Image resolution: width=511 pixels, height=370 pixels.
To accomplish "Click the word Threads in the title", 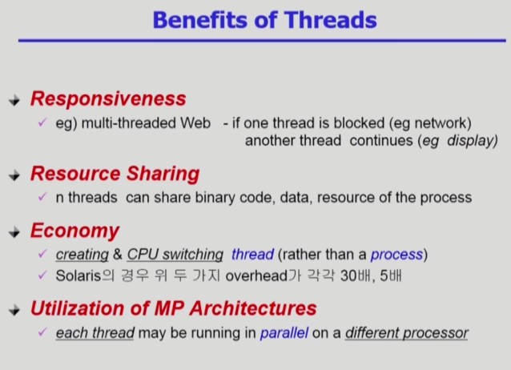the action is tap(331, 20).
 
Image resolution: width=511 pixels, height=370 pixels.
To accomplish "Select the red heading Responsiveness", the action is tap(108, 99).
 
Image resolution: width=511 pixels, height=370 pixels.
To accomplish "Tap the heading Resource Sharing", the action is tap(115, 174).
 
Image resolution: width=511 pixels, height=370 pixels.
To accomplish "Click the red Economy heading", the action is tap(75, 231).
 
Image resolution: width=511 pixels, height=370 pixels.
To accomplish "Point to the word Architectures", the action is tap(253, 308).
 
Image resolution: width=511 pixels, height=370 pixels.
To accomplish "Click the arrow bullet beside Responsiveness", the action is tap(14, 100).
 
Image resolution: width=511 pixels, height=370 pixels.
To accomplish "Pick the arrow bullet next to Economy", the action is tap(14, 232).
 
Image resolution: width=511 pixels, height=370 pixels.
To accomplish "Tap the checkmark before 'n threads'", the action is tap(42, 196).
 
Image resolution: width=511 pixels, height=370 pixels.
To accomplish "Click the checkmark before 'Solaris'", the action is tap(42, 275).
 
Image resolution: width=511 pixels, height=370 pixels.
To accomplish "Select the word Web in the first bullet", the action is tap(195, 123).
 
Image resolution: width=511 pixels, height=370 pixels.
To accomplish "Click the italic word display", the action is tap(473, 141).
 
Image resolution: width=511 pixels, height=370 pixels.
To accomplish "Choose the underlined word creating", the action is tap(82, 255).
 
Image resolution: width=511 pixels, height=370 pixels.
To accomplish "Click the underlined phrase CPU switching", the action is tap(175, 255).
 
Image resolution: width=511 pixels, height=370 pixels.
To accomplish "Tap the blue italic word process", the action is tap(396, 255).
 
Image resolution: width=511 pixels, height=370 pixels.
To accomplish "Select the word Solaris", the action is tap(78, 275).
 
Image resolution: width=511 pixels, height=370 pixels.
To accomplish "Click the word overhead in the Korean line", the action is tap(256, 275).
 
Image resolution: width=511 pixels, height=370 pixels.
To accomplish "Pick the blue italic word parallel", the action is tap(284, 333).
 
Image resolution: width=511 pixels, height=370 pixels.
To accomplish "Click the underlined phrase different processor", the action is tap(407, 333).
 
